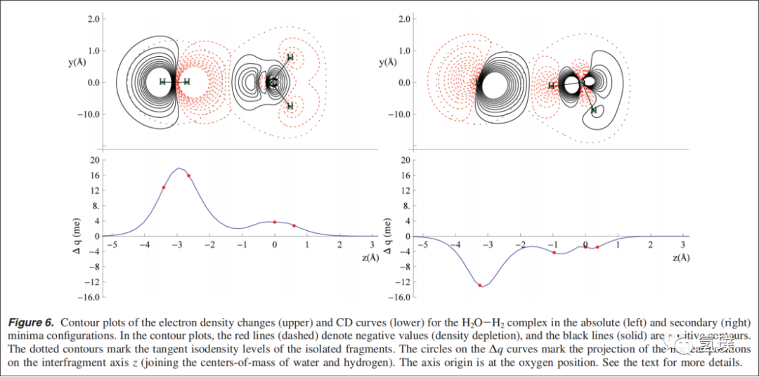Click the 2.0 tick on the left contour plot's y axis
(x=93, y=19)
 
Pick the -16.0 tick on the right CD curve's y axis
(x=401, y=297)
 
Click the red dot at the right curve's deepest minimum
(x=480, y=285)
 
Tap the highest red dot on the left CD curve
(x=188, y=176)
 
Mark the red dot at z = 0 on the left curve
(x=275, y=223)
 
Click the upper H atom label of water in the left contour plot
(x=290, y=58)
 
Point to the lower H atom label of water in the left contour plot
(x=290, y=106)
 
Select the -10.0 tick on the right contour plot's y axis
(x=399, y=114)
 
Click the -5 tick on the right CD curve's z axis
(x=423, y=245)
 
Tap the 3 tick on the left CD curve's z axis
(x=372, y=245)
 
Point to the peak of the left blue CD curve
(x=180, y=168)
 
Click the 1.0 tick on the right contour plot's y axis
(x=401, y=51)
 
